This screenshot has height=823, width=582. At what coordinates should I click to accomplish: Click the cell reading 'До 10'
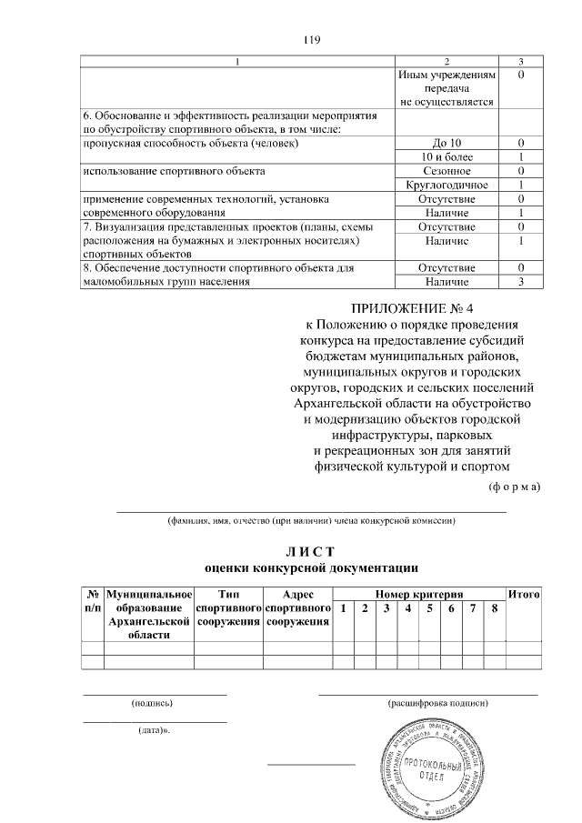pyautogui.click(x=447, y=144)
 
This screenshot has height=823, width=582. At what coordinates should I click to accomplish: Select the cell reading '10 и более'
pyautogui.click(x=447, y=157)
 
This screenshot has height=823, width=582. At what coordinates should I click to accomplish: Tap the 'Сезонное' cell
pyautogui.click(x=447, y=171)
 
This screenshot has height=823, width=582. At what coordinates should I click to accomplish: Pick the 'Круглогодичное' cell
pyautogui.click(x=447, y=185)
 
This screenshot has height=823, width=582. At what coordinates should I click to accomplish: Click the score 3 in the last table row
pyautogui.click(x=518, y=282)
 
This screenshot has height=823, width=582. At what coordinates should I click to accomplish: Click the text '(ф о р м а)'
pyautogui.click(x=515, y=487)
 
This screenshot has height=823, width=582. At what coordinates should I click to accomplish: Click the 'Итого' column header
pyautogui.click(x=524, y=594)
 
